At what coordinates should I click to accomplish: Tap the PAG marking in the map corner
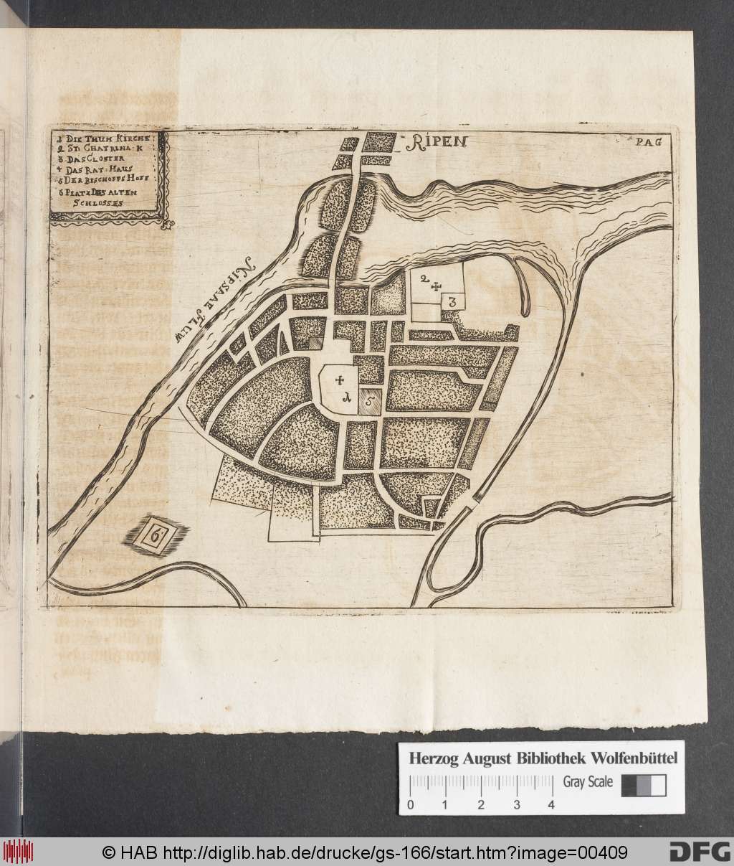pos(647,141)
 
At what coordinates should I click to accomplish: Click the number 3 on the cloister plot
pos(452,302)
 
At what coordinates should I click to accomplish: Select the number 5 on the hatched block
pos(368,403)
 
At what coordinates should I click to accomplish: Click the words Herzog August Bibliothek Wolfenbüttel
pos(543,757)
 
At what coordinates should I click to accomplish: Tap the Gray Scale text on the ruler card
pos(587,782)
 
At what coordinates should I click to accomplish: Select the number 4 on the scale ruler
pos(550,804)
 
